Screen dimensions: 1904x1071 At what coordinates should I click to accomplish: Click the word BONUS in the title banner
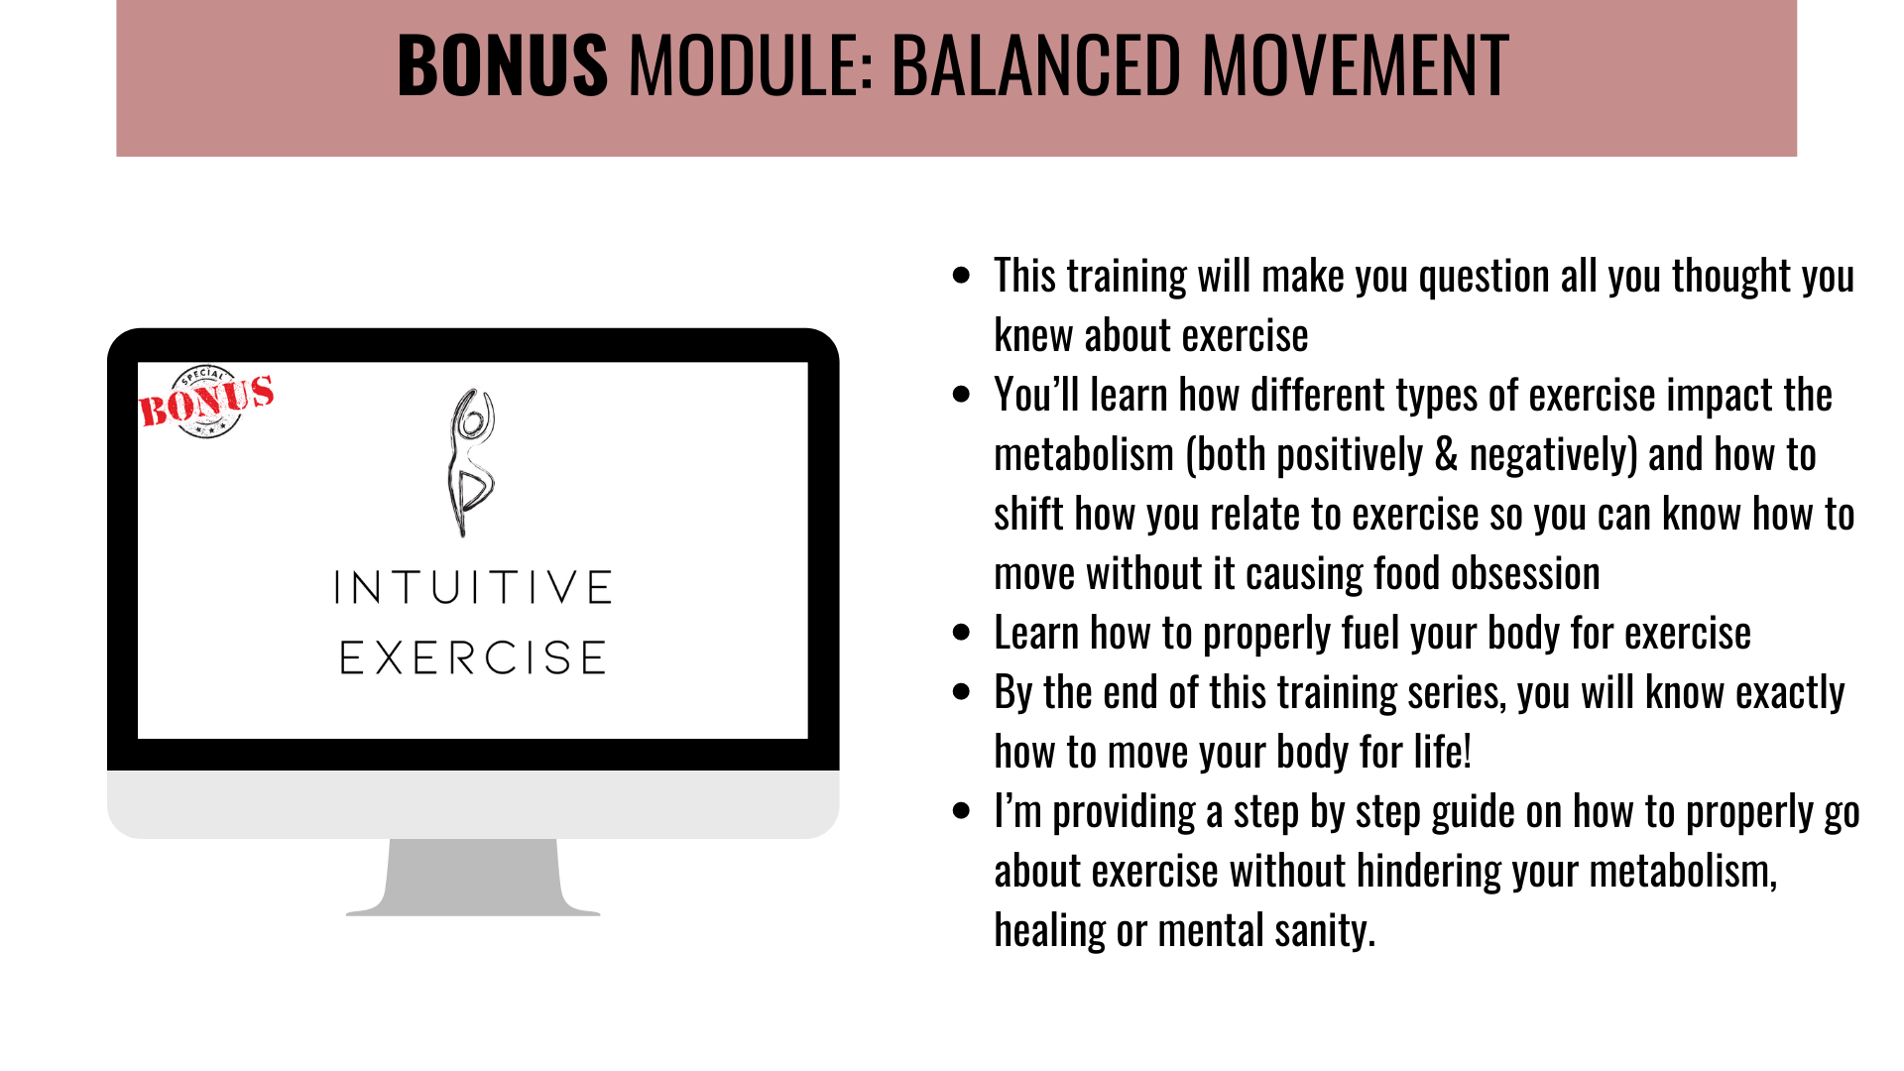tap(503, 65)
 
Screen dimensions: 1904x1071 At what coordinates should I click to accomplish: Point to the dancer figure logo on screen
tap(470, 462)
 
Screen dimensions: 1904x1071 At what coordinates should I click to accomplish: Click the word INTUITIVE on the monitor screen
tap(473, 587)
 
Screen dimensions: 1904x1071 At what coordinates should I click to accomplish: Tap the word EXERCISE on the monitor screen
tap(473, 657)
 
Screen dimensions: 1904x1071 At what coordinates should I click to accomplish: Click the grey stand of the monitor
tap(473, 877)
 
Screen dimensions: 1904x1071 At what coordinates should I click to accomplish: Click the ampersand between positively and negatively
tap(1447, 455)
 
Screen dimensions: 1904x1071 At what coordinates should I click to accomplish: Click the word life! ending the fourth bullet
tap(1443, 753)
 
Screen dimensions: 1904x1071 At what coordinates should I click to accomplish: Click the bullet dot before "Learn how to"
tap(961, 633)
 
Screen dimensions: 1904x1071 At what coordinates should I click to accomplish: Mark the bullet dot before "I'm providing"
tap(961, 811)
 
